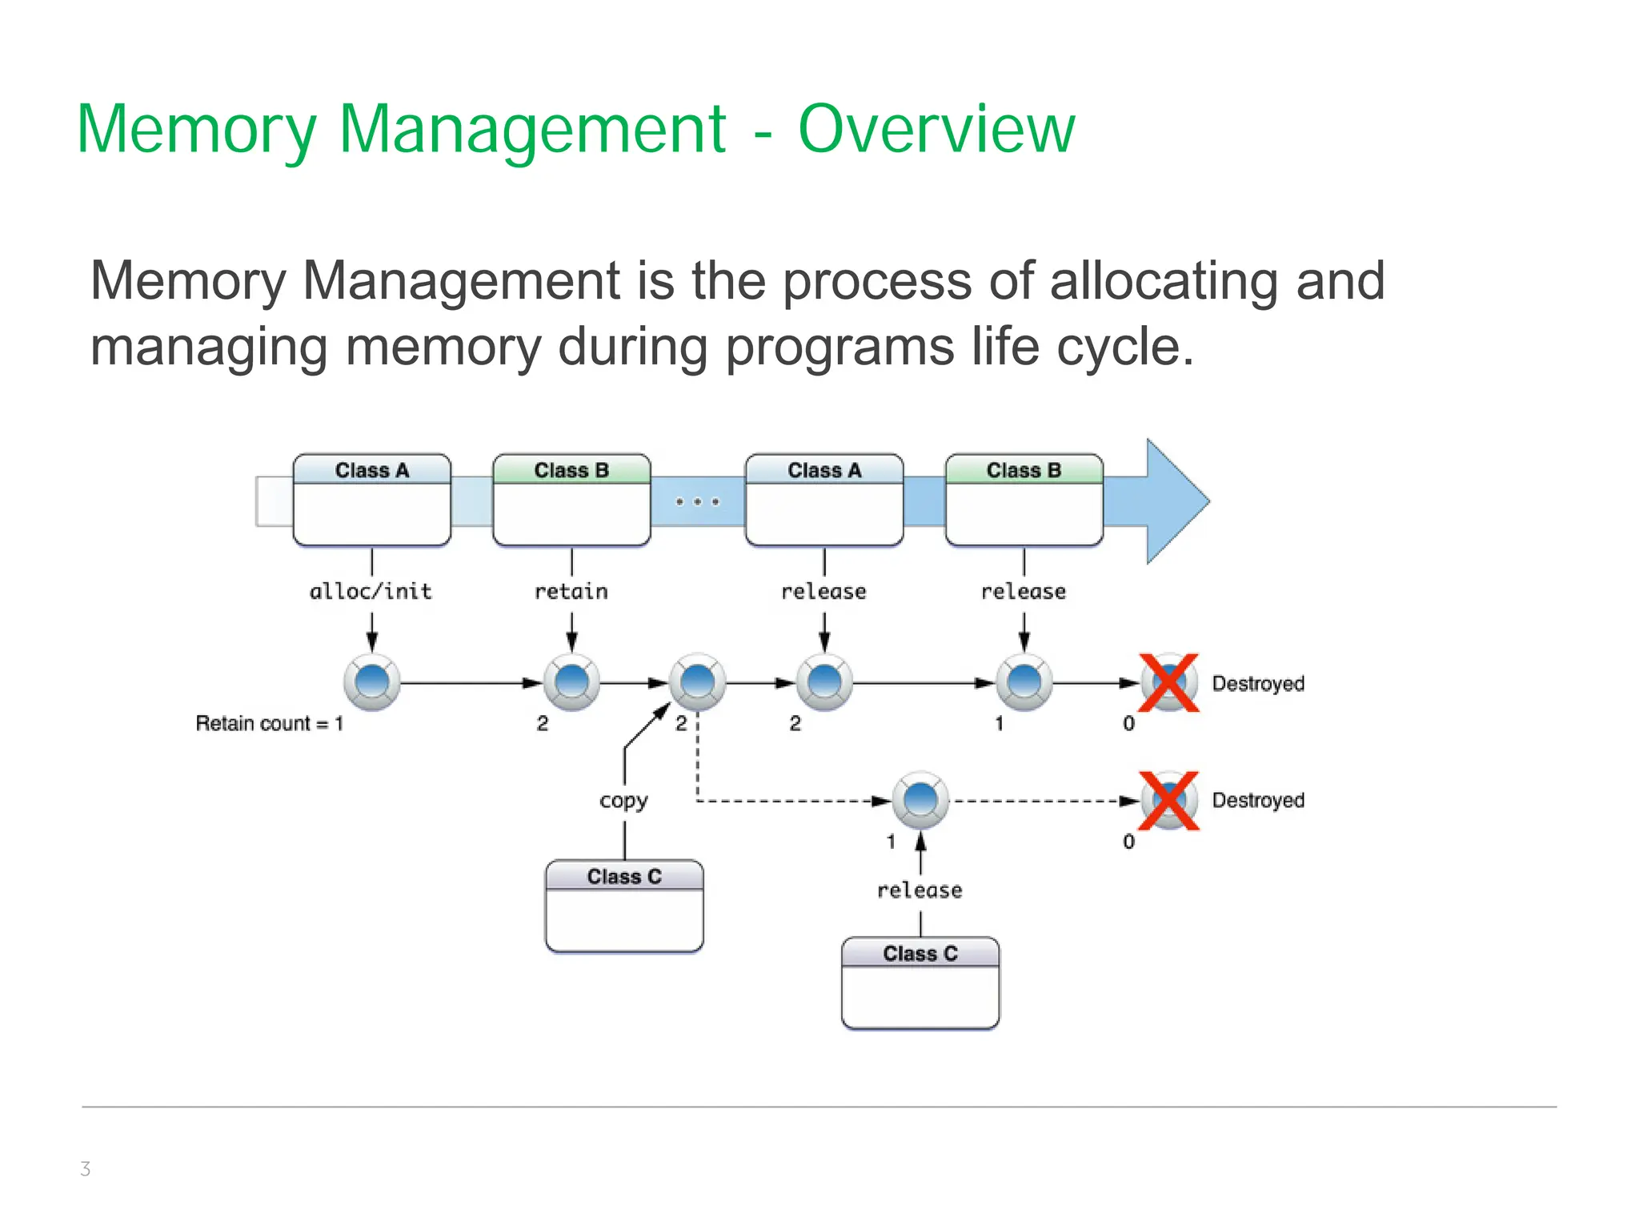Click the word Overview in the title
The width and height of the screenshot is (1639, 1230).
[x=936, y=129]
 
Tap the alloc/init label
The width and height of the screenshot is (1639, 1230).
[x=371, y=592]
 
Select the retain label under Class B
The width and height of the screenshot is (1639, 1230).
[x=571, y=592]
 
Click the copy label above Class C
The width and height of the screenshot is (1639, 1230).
[x=623, y=800]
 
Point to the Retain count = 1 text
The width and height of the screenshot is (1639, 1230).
[x=269, y=723]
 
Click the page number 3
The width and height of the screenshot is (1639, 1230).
[x=86, y=1168]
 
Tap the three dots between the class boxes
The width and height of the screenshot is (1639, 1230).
[x=697, y=502]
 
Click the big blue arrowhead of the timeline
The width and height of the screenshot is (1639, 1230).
[x=1172, y=501]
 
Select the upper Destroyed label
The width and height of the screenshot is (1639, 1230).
[x=1257, y=683]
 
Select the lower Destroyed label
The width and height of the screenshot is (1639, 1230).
[x=1257, y=800]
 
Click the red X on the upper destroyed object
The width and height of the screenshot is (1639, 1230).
[x=1168, y=682]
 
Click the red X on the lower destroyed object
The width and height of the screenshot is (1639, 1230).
[x=1168, y=800]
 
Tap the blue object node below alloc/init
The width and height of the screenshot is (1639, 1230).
[x=372, y=682]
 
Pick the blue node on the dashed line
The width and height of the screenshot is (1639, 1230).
[x=920, y=800]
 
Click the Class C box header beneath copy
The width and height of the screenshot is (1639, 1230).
[x=624, y=876]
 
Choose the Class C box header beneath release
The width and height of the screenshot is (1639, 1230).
[x=920, y=953]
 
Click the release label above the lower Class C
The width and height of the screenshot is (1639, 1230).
[x=920, y=890]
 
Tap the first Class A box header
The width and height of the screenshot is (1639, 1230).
[x=372, y=470]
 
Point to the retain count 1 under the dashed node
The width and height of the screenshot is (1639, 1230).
[x=891, y=842]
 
